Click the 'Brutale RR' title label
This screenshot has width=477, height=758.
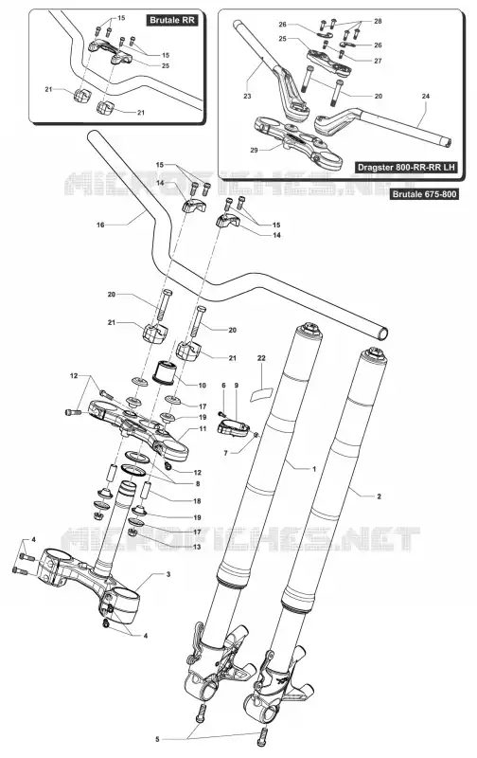click(172, 20)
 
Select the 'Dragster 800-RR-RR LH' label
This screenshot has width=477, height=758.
click(406, 168)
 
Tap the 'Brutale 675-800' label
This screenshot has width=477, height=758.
click(424, 194)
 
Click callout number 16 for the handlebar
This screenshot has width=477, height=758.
click(100, 225)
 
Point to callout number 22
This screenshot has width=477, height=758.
click(261, 358)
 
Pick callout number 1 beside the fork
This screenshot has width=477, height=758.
click(314, 469)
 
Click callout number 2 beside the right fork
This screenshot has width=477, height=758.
click(379, 496)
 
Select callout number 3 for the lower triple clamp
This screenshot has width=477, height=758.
click(168, 574)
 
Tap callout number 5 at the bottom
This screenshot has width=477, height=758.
click(157, 739)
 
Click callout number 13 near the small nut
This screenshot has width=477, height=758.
click(197, 547)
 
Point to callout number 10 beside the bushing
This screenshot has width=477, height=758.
click(202, 386)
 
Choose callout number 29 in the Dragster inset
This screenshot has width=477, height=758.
click(254, 150)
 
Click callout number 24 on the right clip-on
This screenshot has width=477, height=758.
click(425, 97)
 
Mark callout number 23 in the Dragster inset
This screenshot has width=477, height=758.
click(247, 97)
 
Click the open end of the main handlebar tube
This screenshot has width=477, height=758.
click(382, 334)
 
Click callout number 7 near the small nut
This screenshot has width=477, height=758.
click(225, 453)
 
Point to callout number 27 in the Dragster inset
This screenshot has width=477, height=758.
click(378, 61)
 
